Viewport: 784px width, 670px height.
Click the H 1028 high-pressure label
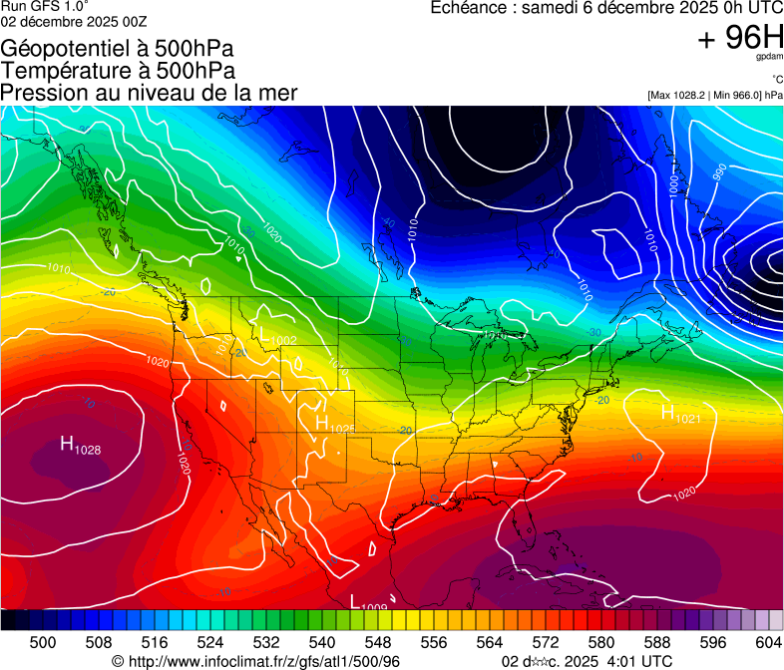click(x=80, y=446)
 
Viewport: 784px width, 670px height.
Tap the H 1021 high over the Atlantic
click(x=681, y=414)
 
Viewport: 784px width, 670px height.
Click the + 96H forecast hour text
click(x=739, y=38)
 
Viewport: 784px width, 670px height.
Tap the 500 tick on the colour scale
click(x=43, y=642)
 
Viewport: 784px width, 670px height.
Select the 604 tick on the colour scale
click(x=768, y=642)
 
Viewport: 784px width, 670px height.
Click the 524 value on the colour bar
click(x=210, y=642)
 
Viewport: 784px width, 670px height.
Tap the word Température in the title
click(x=60, y=71)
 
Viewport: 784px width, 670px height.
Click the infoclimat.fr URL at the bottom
click(x=263, y=661)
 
